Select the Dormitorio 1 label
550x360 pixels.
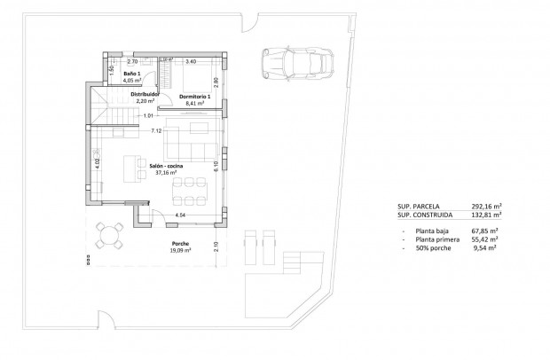coord(193,96)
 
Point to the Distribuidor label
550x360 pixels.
coord(144,94)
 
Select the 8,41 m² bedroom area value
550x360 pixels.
coord(194,104)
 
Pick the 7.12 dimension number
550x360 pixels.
coord(156,130)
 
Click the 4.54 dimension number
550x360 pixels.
coord(180,215)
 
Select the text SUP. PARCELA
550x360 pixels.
coord(419,207)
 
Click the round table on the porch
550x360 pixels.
coord(110,234)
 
